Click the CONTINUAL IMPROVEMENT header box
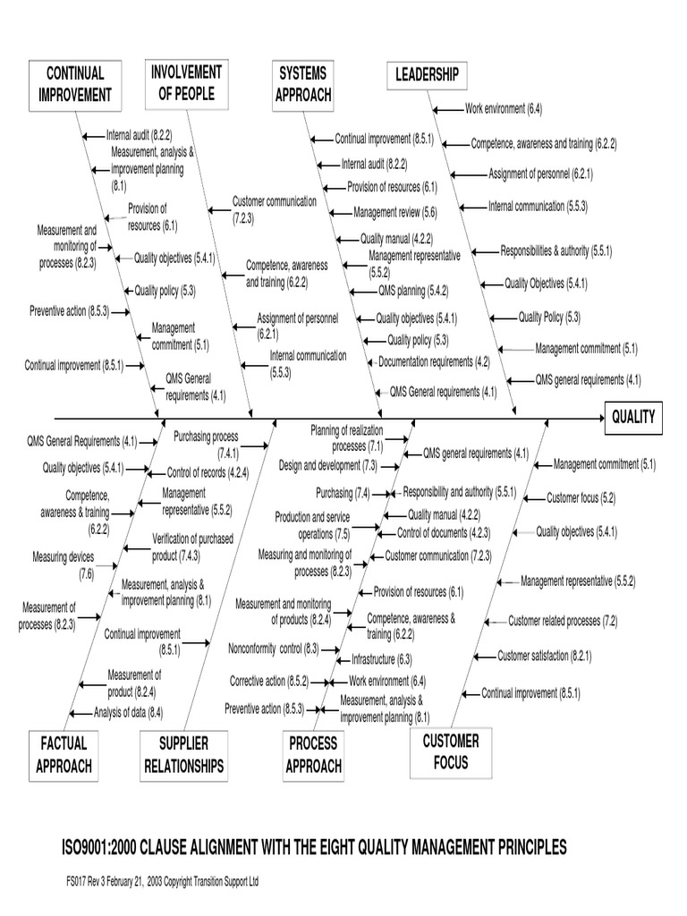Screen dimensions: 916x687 [75, 83]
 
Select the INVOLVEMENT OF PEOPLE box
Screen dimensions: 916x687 [186, 82]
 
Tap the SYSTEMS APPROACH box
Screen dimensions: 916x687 [303, 83]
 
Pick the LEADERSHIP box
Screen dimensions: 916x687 [427, 75]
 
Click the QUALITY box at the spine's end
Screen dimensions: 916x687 [633, 417]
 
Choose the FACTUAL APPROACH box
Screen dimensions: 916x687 [64, 754]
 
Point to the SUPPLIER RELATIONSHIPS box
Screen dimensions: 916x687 [183, 755]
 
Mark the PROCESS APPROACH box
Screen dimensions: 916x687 [313, 754]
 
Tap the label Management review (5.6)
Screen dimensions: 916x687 [394, 213]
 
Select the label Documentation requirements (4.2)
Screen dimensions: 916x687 [434, 362]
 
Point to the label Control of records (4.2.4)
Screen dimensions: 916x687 [208, 472]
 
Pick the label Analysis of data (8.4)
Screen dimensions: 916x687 [128, 713]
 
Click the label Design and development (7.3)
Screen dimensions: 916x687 [327, 466]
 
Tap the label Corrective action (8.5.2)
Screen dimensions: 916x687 [268, 682]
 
